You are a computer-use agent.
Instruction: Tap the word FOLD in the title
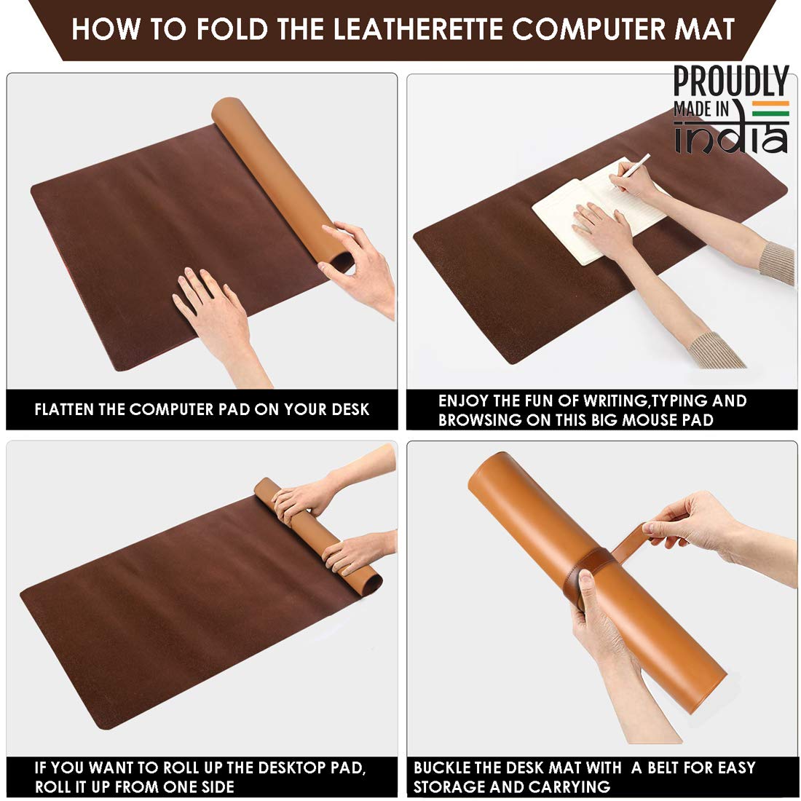point(232,29)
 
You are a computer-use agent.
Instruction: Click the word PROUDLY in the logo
point(731,82)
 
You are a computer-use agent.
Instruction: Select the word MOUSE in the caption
point(641,420)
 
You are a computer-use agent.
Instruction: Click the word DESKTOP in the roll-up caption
point(292,768)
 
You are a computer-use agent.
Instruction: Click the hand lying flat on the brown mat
point(215,312)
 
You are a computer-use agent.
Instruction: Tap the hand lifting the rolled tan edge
point(358,266)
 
